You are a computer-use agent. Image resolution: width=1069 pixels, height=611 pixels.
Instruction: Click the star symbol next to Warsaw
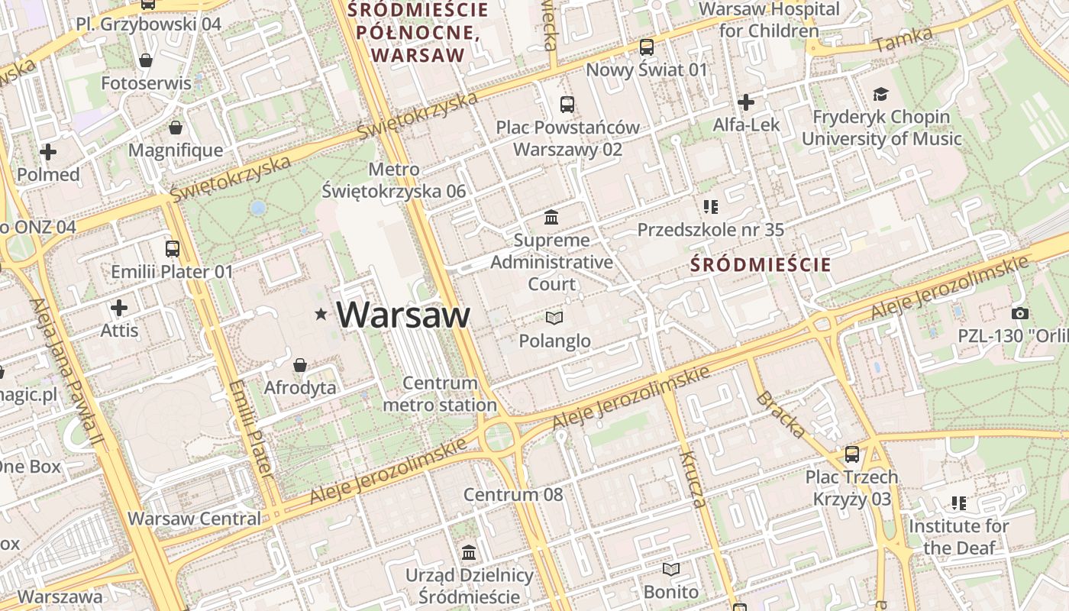pos(321,314)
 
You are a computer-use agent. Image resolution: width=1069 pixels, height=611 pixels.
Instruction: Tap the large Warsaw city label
pos(403,315)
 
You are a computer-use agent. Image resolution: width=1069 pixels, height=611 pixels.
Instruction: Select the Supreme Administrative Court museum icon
pos(551,218)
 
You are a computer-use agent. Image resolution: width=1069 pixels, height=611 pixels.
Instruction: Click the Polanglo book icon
pos(554,318)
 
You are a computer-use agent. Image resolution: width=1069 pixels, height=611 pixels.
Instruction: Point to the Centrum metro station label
pos(440,394)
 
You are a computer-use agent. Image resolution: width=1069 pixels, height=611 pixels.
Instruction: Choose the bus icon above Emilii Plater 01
pos(173,248)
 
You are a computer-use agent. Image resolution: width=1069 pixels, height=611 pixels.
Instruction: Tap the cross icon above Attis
pos(119,308)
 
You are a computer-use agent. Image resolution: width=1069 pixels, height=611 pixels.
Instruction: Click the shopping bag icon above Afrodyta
pos(300,365)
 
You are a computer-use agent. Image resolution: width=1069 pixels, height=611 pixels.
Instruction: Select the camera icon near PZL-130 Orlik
pos(1019,313)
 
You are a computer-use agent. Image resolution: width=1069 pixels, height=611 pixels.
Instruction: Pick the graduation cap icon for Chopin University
pos(881,94)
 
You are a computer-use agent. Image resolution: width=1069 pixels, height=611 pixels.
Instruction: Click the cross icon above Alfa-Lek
pos(746,102)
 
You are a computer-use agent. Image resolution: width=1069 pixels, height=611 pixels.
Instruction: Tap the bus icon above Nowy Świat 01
pos(647,47)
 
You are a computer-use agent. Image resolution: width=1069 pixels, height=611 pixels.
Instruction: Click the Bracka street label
pos(780,415)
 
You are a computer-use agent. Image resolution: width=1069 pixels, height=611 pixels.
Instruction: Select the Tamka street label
pos(903,39)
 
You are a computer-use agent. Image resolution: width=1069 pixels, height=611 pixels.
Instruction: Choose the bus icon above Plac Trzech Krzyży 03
pos(852,454)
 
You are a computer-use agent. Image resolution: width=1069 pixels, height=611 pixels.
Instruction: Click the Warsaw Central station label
pos(194,519)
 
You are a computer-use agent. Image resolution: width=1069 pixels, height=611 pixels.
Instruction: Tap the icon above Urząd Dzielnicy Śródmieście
pos(469,552)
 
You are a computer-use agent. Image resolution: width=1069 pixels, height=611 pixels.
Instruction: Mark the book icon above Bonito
pos(670,569)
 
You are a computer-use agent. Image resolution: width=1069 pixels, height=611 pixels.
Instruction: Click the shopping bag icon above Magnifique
pos(176,127)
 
